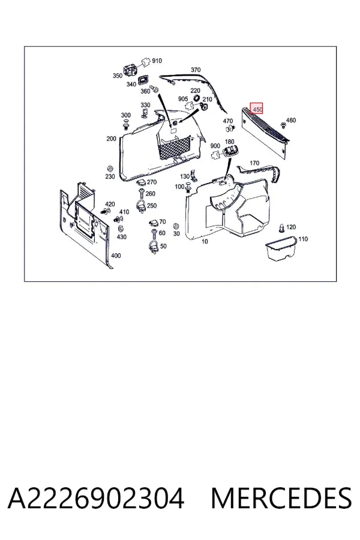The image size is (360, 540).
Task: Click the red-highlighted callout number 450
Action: point(256,109)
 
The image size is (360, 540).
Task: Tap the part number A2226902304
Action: point(96,498)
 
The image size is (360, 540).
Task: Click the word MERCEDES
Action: point(281,498)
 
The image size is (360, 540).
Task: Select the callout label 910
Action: point(157,61)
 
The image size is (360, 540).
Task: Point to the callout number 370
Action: point(196,70)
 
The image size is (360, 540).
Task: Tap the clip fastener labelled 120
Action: point(282,228)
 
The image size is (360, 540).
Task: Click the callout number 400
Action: point(116,256)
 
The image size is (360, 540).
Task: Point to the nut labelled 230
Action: point(110,169)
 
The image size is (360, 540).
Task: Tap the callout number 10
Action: point(205,241)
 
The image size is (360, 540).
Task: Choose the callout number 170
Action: point(254,163)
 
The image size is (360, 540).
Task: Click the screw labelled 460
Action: point(283,124)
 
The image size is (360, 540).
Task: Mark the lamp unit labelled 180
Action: point(230,151)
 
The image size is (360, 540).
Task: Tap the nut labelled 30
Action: point(176,226)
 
